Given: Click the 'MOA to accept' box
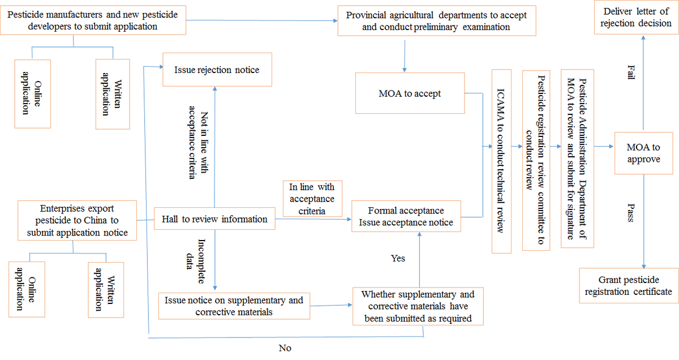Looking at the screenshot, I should [410, 93].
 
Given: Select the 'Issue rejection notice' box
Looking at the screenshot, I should [217, 70].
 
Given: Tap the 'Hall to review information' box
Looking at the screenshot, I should [214, 219].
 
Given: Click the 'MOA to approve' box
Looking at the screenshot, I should [643, 153].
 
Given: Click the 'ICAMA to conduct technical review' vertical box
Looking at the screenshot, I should [501, 161].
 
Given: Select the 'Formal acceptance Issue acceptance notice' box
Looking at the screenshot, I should [406, 216].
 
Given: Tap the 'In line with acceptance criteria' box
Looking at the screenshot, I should [312, 199].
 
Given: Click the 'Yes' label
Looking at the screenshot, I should [398, 258].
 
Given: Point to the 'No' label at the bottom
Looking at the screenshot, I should [285, 348].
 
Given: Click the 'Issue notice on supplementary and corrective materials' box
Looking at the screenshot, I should [234, 306].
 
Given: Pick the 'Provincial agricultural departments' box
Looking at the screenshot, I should [436, 21].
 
